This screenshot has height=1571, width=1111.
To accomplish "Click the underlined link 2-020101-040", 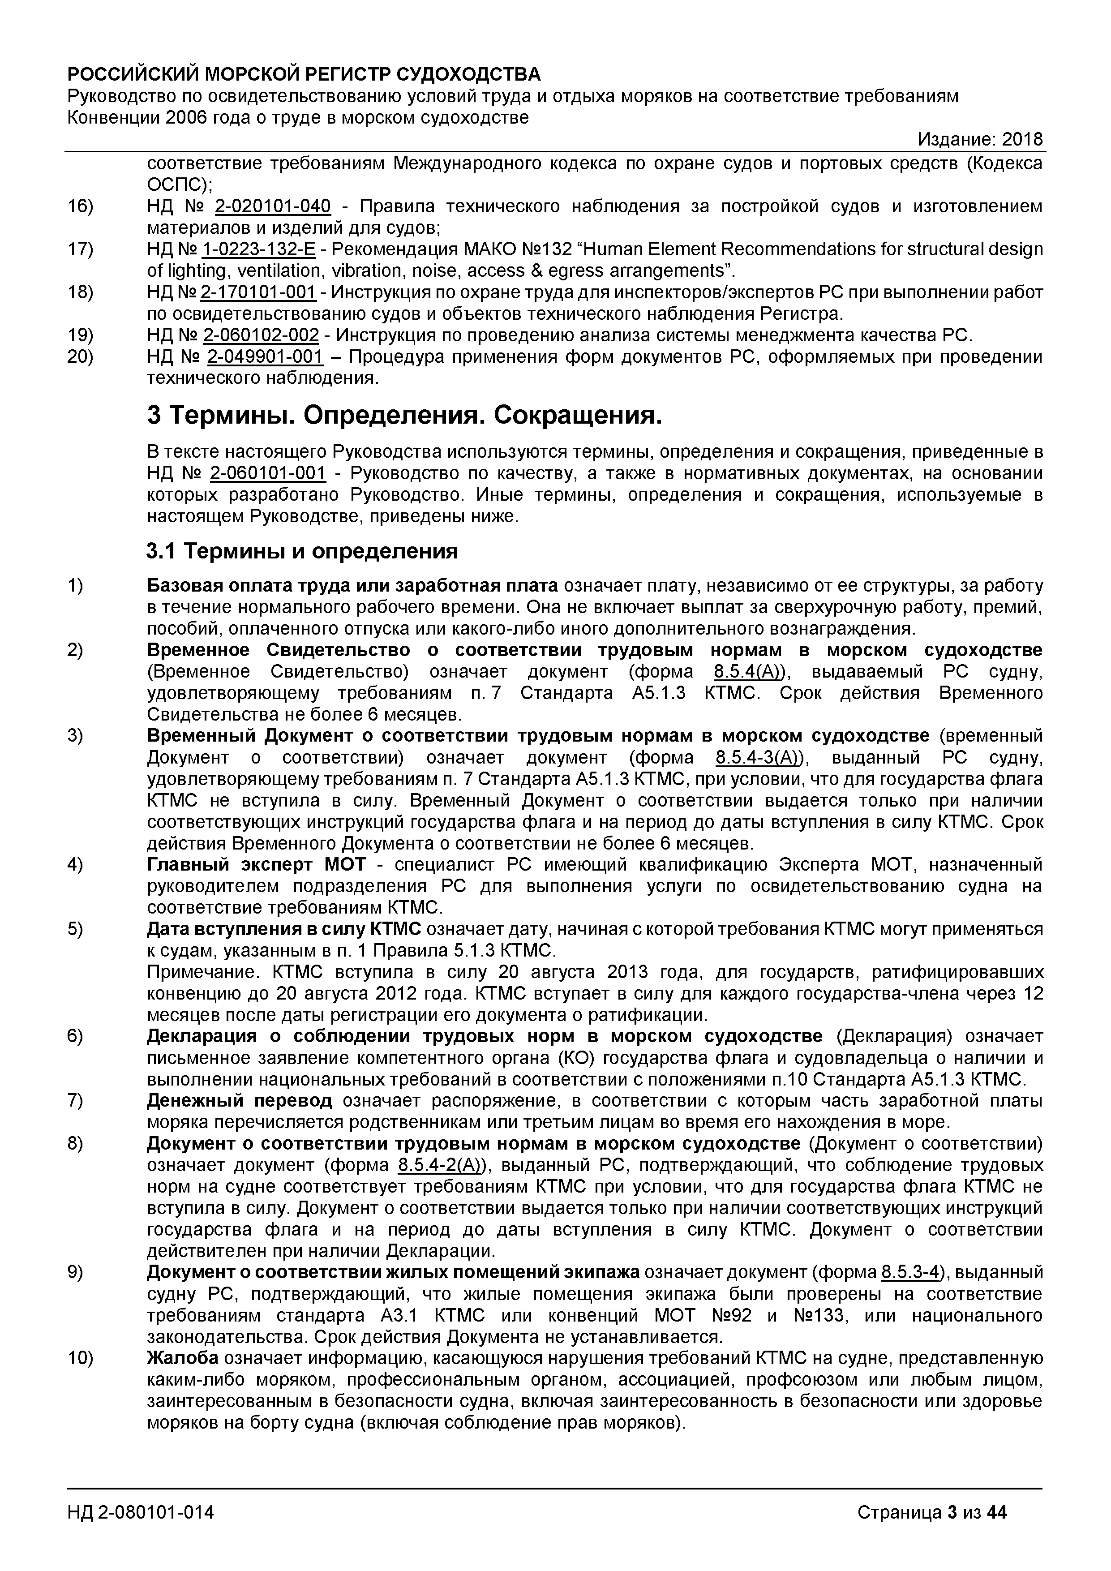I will click(272, 206).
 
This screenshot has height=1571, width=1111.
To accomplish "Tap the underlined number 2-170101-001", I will click(258, 293).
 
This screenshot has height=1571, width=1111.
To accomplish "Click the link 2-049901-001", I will click(265, 357).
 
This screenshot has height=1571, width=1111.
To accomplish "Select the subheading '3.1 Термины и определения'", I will click(302, 551).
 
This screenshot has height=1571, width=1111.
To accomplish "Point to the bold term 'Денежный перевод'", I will click(240, 1101).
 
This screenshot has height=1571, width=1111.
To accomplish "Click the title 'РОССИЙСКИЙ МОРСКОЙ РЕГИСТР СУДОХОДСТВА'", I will click(304, 74).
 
